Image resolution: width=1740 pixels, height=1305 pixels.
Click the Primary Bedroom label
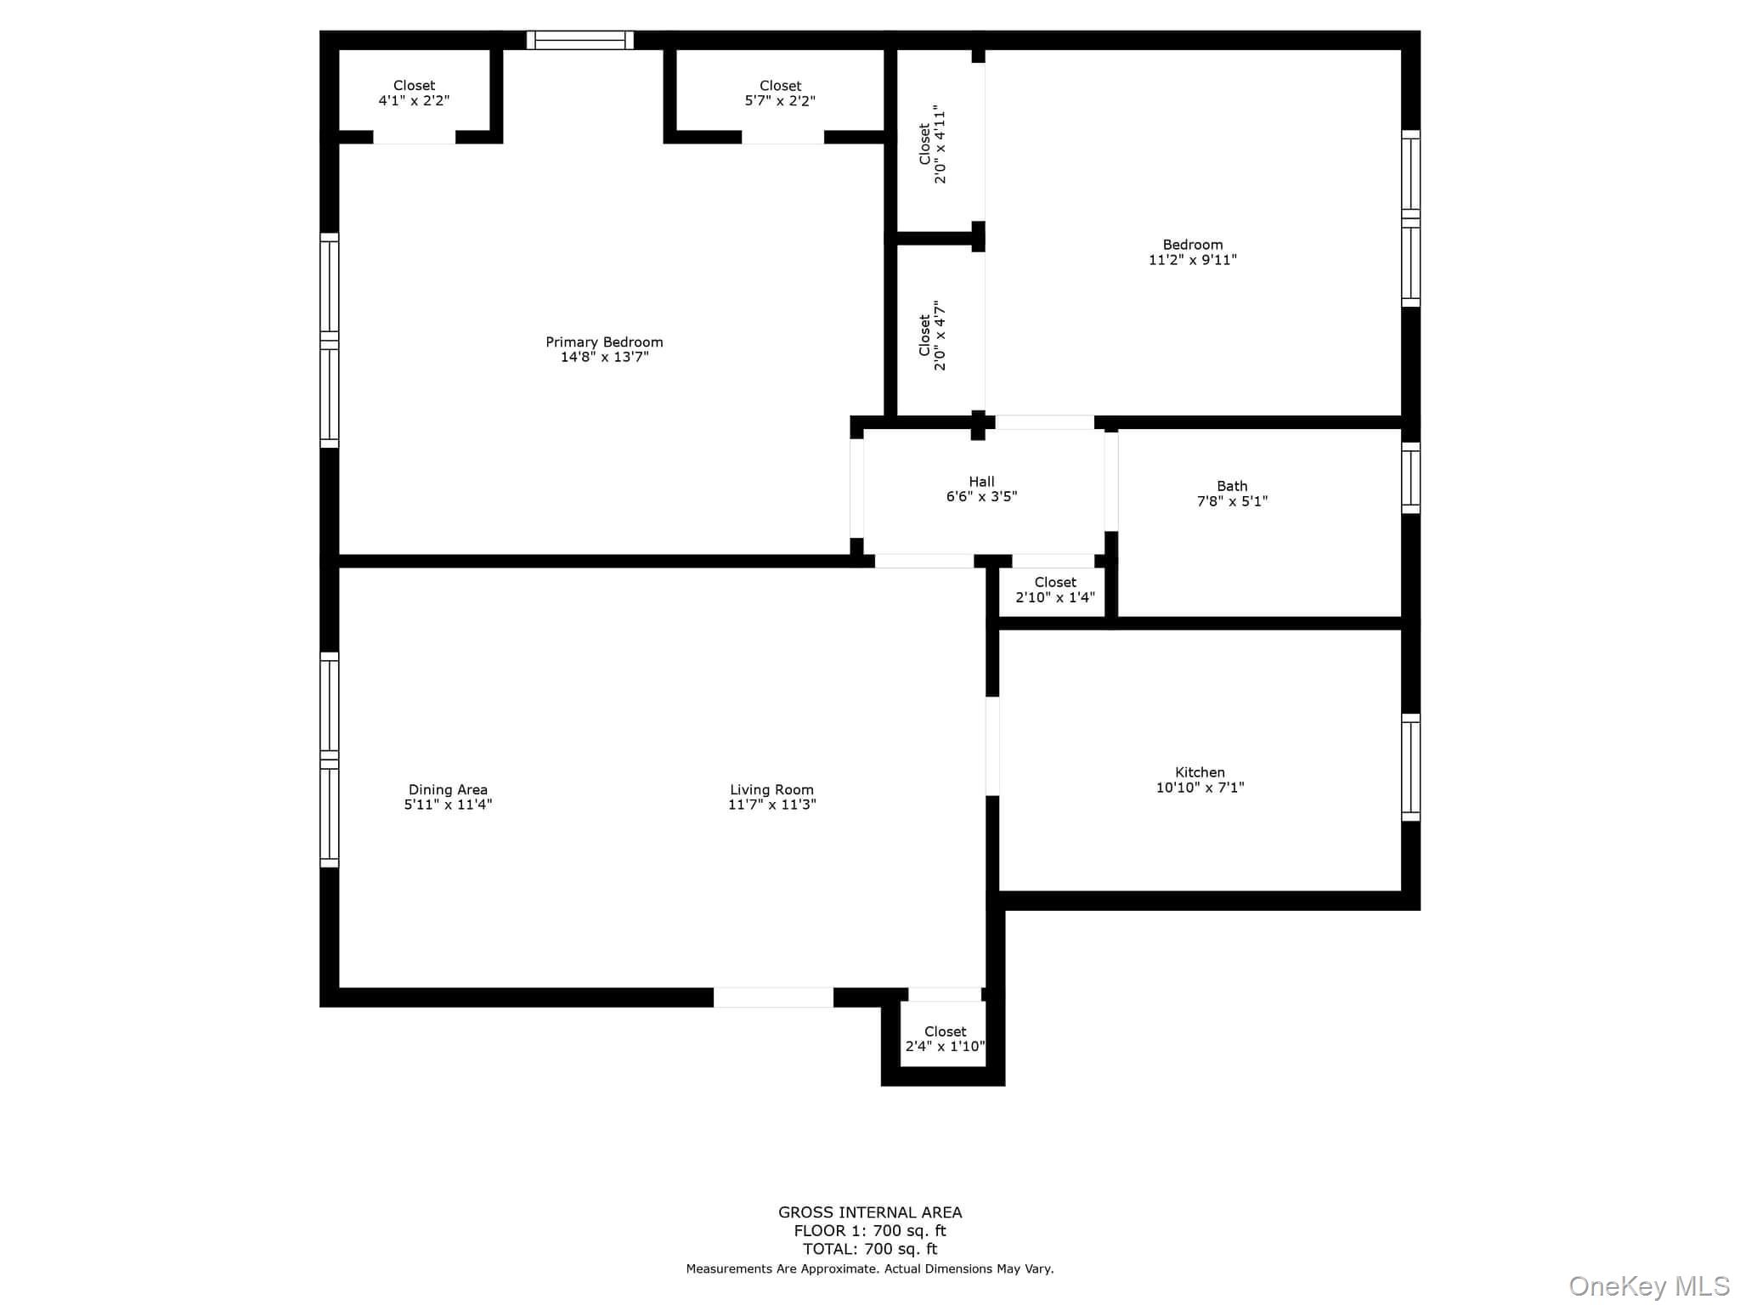(x=604, y=342)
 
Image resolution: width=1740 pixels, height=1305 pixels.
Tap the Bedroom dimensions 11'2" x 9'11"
(x=1192, y=260)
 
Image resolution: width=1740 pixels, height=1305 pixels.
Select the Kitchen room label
(x=1200, y=772)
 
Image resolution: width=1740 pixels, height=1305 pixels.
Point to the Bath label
(x=1232, y=486)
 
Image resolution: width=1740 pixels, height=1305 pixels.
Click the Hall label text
(x=981, y=482)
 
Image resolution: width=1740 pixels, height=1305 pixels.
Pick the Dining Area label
(x=448, y=790)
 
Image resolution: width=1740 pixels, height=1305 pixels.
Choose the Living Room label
(x=771, y=790)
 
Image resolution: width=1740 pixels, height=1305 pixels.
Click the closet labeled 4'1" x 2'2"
(x=414, y=93)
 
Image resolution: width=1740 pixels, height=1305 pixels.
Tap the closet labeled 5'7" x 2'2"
(x=780, y=93)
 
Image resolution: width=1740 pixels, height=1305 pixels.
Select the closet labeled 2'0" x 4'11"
(x=932, y=144)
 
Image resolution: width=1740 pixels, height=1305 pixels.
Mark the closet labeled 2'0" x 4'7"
(x=932, y=336)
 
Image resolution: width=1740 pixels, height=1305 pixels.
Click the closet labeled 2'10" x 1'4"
(x=1055, y=590)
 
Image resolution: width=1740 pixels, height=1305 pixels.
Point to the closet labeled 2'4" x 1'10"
(x=945, y=1039)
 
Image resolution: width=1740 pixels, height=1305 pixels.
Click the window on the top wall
(x=580, y=40)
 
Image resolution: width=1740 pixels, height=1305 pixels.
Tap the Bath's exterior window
(x=1410, y=477)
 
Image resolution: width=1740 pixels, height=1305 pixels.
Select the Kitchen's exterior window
(x=1410, y=768)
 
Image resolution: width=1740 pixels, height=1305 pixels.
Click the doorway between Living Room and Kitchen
(x=992, y=746)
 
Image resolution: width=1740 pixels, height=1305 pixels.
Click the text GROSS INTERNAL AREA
(x=870, y=1212)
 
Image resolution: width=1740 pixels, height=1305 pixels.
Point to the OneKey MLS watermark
(x=1648, y=1285)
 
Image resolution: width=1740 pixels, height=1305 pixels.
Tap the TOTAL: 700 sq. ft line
(x=870, y=1249)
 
